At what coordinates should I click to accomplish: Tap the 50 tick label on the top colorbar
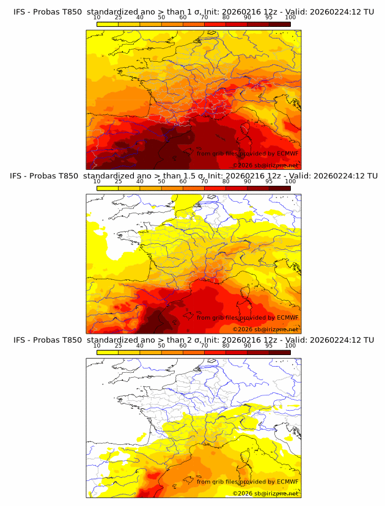[161, 17]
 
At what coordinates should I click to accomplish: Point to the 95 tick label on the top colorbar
[269, 17]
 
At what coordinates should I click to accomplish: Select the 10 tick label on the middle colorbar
[97, 182]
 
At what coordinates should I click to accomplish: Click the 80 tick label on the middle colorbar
[226, 182]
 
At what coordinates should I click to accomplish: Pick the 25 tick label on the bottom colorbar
[119, 346]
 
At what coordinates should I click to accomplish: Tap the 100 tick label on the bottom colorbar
[290, 346]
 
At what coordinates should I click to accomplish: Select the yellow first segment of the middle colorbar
[108, 188]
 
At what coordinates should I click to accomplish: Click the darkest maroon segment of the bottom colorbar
[279, 353]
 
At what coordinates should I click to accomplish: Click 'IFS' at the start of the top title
[20, 11]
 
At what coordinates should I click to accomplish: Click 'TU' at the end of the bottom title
[369, 340]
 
